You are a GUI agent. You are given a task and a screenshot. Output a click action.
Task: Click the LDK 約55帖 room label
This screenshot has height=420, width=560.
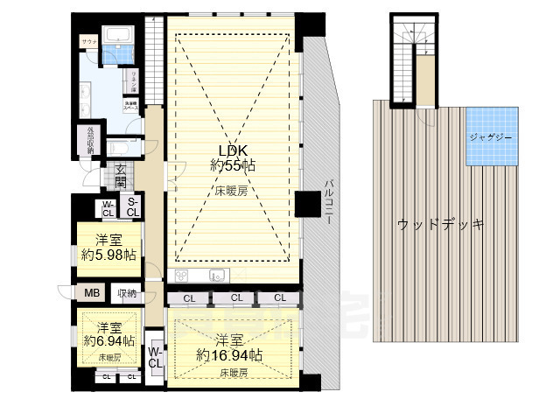pyautogui.click(x=232, y=157)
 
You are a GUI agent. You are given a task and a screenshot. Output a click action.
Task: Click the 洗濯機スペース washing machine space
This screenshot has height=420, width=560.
pyautogui.click(x=129, y=107)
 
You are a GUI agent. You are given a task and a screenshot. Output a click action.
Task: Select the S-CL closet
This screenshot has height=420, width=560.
pyautogui.click(x=131, y=208)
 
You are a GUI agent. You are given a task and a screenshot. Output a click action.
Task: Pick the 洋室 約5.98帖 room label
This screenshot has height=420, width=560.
pyautogui.click(x=104, y=248)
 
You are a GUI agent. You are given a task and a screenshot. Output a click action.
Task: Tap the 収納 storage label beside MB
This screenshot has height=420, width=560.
pyautogui.click(x=127, y=294)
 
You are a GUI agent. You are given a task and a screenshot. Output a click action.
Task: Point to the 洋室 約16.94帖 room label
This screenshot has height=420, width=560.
pyautogui.click(x=228, y=347)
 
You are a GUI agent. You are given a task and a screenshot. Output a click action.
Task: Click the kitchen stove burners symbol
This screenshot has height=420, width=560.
pyautogui.click(x=182, y=276)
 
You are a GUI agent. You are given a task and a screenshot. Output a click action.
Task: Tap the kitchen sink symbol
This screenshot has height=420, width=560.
pyautogui.click(x=217, y=276)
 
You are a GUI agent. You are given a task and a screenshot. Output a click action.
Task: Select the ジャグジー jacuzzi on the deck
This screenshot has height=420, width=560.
pyautogui.click(x=490, y=138)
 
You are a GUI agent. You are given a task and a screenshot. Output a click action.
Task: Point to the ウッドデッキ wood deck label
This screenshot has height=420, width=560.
pyautogui.click(x=441, y=224)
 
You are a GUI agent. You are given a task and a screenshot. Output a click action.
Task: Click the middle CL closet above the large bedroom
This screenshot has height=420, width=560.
pyautogui.click(x=235, y=298)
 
